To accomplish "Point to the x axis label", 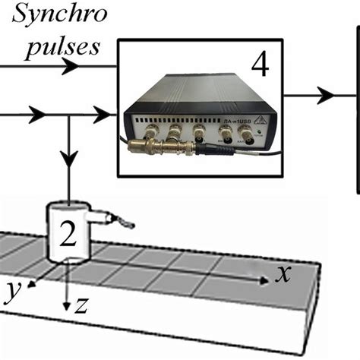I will click(x=283, y=275).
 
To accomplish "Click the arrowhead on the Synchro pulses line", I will click(x=70, y=66).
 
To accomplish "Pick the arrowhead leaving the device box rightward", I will click(x=325, y=95).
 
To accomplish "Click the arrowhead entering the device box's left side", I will click(x=101, y=115).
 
